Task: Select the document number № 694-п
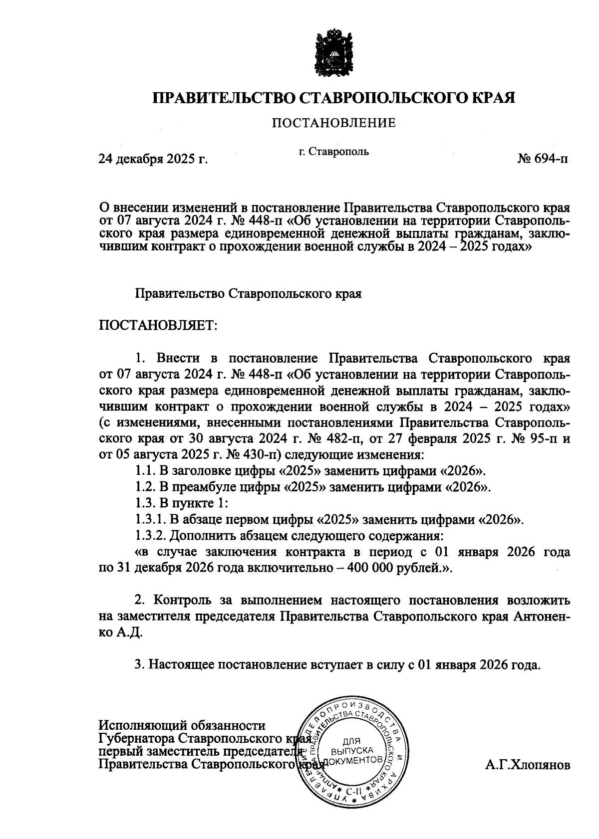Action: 543,159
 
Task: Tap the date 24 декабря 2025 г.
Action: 153,159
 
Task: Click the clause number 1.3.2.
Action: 151,536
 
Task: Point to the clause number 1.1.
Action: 144,470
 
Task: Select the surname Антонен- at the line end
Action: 541,616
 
